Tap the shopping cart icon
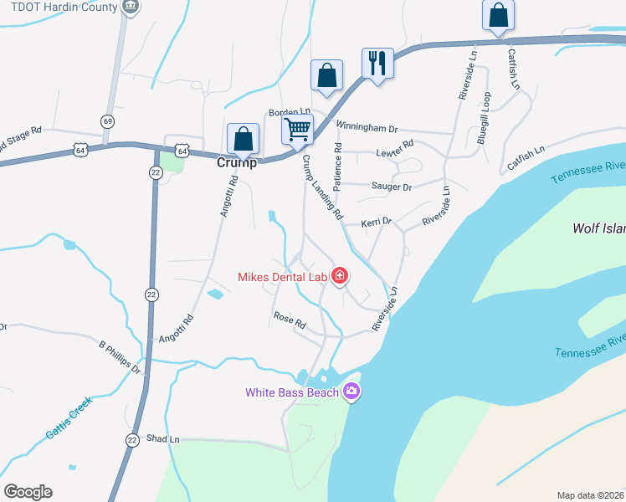pos(297,130)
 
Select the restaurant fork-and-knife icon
pos(377,62)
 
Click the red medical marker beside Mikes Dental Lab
pos(340,275)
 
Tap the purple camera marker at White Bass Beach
pos(351,391)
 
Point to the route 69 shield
pos(107,121)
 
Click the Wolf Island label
pos(598,228)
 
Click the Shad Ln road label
pos(163,438)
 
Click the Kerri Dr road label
pos(377,223)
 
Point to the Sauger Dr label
pos(392,187)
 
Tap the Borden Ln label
pos(289,111)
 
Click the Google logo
pos(28,492)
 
